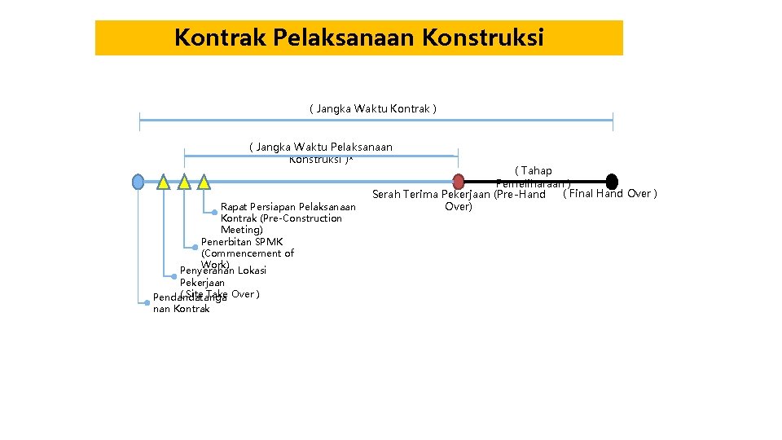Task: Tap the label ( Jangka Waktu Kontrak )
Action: point(373,108)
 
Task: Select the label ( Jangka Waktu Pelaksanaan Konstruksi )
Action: point(320,152)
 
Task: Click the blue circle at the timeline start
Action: point(138,181)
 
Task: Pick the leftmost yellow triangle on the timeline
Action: point(164,182)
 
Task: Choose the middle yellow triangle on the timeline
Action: point(184,182)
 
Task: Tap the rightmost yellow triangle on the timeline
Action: point(204,182)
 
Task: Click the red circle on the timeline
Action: point(459,181)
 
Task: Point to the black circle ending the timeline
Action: point(612,181)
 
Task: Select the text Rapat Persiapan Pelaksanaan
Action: point(288,207)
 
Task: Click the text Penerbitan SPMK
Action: point(242,242)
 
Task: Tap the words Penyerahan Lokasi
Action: point(223,271)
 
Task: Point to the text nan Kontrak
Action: point(182,309)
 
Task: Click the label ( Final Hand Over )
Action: point(610,194)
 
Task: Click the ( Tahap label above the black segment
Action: point(534,171)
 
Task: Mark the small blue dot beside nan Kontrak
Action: point(147,302)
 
